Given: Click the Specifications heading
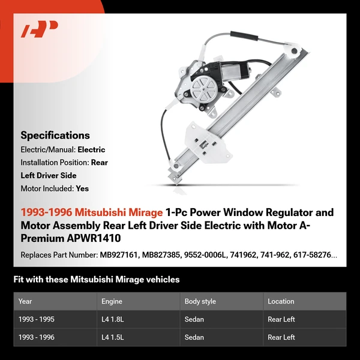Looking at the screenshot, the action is [x=55, y=136].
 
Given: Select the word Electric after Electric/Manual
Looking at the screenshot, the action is [x=91, y=150].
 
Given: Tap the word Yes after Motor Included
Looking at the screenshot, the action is [x=82, y=188].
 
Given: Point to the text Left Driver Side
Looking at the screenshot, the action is [x=49, y=175].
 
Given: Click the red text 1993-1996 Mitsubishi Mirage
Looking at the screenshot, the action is [x=92, y=212].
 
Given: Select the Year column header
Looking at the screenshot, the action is [x=25, y=301].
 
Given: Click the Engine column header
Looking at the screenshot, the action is [x=112, y=301].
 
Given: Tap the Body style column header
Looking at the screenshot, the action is [x=200, y=301].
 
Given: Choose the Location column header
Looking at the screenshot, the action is [x=281, y=301].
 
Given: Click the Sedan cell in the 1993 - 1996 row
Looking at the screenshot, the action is [x=194, y=337].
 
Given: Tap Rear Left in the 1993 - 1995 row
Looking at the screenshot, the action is [x=281, y=319].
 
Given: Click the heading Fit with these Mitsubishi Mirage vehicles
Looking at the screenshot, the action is [x=97, y=280].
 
